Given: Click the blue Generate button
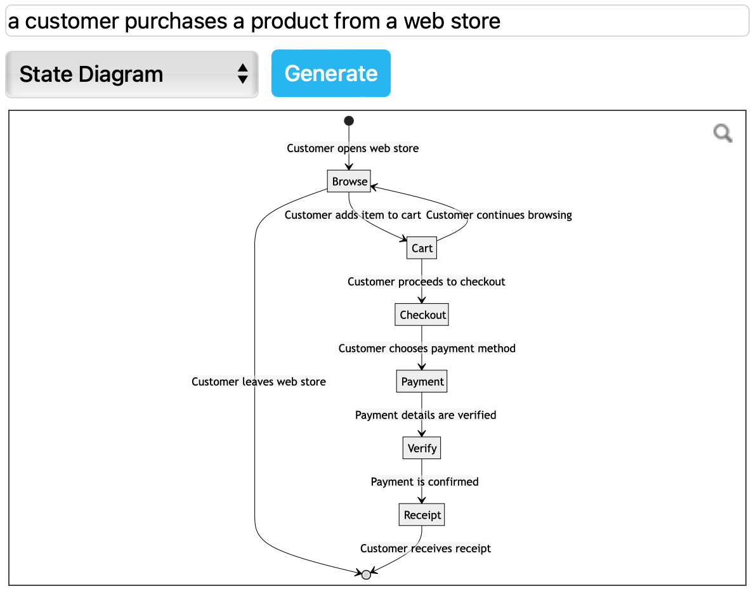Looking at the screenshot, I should (330, 74).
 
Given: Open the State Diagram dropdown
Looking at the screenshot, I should (132, 74).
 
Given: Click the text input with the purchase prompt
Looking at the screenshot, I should (377, 22).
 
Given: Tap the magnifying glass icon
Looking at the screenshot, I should (722, 133).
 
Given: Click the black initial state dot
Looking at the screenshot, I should (348, 120).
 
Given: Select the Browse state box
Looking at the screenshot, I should (349, 181).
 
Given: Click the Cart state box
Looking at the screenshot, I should (422, 248).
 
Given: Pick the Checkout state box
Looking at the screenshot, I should (422, 315).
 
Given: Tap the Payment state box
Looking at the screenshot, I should (422, 381).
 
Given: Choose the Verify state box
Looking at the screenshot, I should (422, 448).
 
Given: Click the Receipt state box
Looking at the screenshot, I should (422, 515).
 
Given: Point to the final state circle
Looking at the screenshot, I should (366, 575).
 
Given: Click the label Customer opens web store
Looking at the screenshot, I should (353, 148).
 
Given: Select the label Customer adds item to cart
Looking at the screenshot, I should (353, 215).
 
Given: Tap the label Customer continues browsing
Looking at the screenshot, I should (499, 215).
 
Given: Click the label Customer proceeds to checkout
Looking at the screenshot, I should (426, 282).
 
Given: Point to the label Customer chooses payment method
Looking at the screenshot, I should (427, 348).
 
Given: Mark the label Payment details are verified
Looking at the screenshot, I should (426, 415).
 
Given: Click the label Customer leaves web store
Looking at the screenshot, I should (259, 382).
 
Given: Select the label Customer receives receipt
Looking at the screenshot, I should (426, 549).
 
